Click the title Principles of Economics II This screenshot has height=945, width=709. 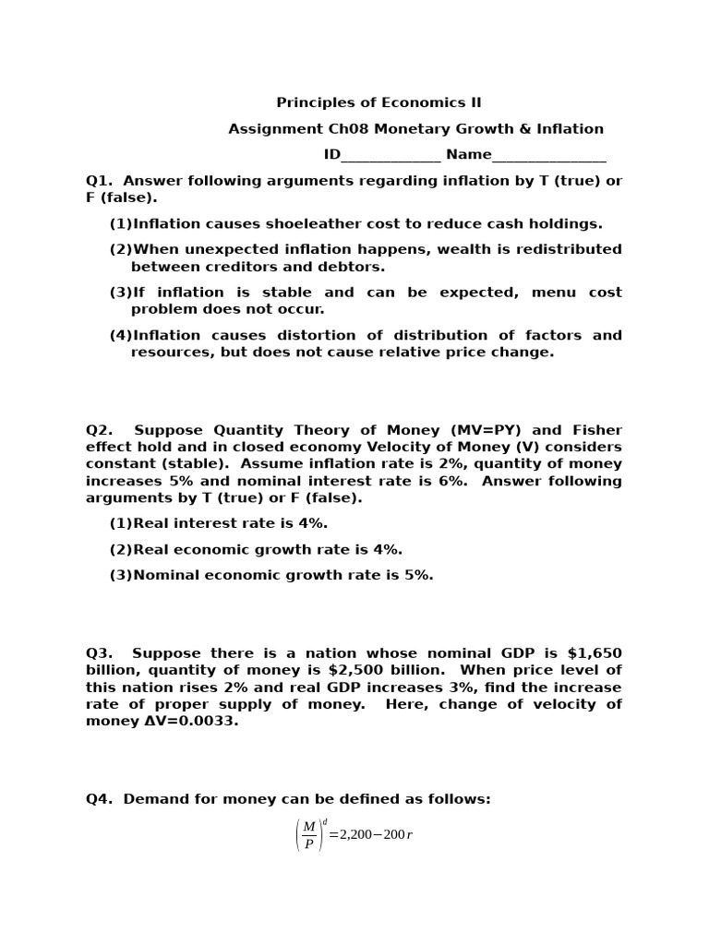(x=379, y=102)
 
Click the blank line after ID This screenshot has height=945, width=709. (x=391, y=155)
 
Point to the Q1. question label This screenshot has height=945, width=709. (x=99, y=181)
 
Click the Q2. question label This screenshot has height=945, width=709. (x=99, y=430)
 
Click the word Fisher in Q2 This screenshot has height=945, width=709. (x=597, y=430)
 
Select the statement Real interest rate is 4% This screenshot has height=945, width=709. (x=230, y=523)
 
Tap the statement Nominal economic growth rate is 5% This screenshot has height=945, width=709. (x=282, y=575)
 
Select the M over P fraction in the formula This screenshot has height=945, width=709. (x=309, y=834)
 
